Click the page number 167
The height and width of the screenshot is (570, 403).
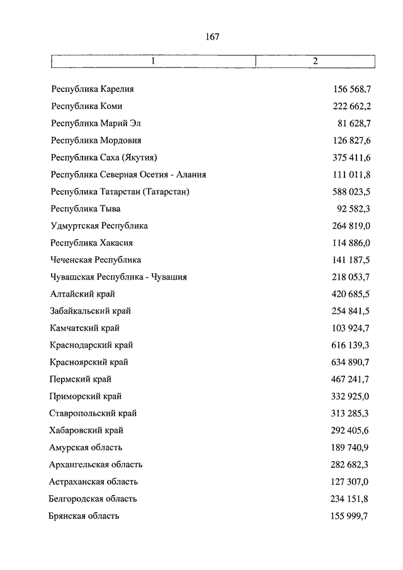tap(212, 37)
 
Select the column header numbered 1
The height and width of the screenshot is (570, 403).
tap(152, 61)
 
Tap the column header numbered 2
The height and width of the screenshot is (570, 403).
tap(315, 61)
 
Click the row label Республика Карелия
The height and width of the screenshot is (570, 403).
tap(93, 89)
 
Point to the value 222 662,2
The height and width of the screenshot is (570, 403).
tap(351, 106)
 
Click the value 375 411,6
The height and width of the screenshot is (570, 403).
tap(351, 157)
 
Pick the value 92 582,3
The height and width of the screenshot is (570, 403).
tap(354, 208)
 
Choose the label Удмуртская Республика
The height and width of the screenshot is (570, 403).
tap(99, 225)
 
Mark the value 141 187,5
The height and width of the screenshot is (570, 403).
tap(351, 259)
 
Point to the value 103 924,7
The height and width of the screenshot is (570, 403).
tap(351, 328)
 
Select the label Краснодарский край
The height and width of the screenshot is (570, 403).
tap(91, 345)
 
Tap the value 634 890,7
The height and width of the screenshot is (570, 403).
tap(351, 362)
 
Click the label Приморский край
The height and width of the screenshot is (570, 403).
tap(86, 396)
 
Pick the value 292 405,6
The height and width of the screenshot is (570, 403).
tap(351, 430)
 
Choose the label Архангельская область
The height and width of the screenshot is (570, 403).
tap(96, 464)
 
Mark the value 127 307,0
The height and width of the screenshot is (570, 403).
tap(351, 481)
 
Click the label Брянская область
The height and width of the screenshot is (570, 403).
tap(84, 516)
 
